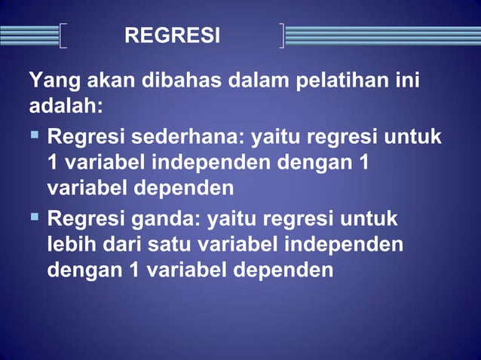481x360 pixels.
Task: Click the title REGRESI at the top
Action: coord(172,35)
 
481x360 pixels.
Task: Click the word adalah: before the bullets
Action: coord(65,105)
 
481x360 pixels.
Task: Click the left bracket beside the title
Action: coord(63,35)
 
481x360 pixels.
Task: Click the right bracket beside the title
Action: coord(281,35)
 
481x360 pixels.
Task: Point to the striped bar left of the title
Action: coord(29,35)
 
